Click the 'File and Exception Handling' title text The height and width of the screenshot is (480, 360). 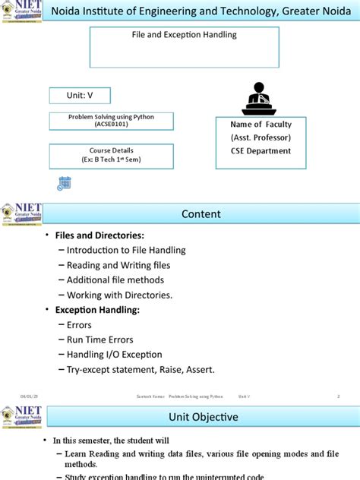(185, 35)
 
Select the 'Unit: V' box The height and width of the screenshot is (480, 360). (80, 96)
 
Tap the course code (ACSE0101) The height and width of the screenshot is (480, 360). (111, 125)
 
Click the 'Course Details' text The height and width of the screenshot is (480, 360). (111, 151)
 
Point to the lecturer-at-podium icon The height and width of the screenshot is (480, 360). (259, 99)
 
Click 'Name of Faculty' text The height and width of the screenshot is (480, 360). (261, 124)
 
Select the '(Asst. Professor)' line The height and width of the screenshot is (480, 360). (261, 137)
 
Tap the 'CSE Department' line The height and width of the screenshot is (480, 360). (261, 150)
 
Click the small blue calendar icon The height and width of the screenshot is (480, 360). (64, 182)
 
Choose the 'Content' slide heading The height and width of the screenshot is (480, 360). (201, 214)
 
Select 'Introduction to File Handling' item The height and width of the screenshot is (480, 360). (126, 250)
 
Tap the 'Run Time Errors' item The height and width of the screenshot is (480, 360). (100, 339)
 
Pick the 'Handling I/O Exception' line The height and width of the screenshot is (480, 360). (115, 354)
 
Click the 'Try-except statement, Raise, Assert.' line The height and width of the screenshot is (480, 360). (141, 369)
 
